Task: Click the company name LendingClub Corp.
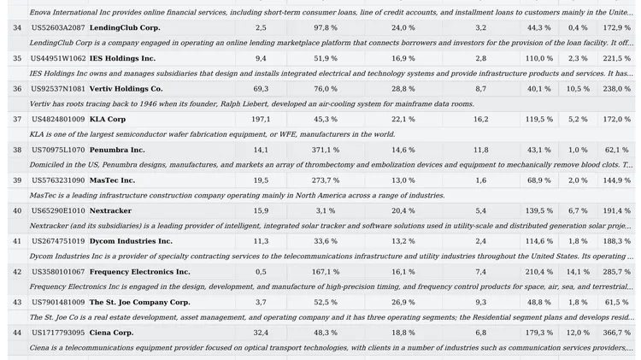click(x=125, y=28)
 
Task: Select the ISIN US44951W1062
click(x=58, y=58)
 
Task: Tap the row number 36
click(x=17, y=89)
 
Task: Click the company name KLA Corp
click(x=108, y=119)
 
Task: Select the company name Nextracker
click(x=110, y=210)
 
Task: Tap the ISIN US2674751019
click(x=58, y=241)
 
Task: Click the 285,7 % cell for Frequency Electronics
click(x=616, y=272)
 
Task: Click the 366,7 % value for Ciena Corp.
click(x=616, y=333)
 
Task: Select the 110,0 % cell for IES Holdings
click(x=538, y=58)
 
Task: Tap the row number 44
click(x=17, y=333)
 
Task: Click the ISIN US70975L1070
click(x=58, y=150)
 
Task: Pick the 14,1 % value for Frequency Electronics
click(x=578, y=272)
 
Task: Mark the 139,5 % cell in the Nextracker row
click(x=538, y=210)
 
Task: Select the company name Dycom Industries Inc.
click(x=131, y=241)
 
